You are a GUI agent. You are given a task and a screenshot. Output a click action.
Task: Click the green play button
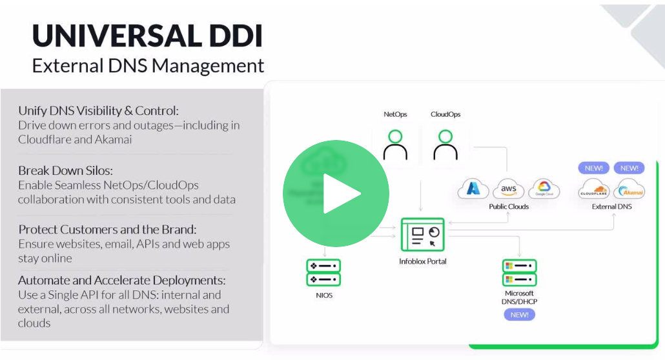point(336,193)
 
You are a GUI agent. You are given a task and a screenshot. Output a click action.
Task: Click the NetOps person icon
point(395,145)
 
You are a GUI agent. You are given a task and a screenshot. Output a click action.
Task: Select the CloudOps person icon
point(445,145)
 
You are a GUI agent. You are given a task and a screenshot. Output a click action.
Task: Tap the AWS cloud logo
point(508,189)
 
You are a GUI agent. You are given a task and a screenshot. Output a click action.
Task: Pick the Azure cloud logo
point(473,189)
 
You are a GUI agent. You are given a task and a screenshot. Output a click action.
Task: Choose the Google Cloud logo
point(544,189)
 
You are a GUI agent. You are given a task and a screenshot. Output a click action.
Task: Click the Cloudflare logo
point(594,190)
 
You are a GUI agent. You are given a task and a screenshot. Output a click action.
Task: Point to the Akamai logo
point(629,190)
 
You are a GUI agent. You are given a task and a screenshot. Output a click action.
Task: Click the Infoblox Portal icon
point(423,236)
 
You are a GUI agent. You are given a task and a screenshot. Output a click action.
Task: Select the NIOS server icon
point(323,272)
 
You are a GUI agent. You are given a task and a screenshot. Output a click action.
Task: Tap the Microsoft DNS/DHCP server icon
point(520,272)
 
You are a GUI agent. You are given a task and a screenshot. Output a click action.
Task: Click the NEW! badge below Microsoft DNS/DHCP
point(520,314)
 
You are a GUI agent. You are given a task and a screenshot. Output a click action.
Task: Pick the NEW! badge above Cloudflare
point(594,168)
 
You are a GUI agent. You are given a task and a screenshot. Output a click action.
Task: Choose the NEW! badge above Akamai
point(629,168)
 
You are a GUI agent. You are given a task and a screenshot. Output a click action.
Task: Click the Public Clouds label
point(509,206)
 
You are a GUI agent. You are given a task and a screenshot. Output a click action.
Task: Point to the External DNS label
point(611,206)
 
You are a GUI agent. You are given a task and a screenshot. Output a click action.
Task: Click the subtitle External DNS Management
point(148,66)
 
